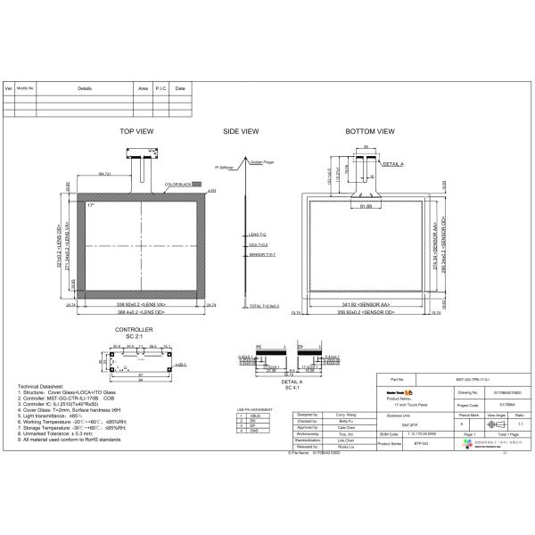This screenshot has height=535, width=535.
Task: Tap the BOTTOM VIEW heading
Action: [369, 131]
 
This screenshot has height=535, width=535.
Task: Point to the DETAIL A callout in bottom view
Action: [393, 165]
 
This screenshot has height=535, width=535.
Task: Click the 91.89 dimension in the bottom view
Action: [366, 207]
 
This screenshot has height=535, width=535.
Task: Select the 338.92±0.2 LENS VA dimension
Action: [143, 305]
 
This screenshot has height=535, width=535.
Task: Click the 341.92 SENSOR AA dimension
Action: [369, 305]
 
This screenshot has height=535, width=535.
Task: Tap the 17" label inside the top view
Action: [91, 205]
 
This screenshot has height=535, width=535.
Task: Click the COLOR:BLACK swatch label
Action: [178, 185]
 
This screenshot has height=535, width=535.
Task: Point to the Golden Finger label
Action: [263, 162]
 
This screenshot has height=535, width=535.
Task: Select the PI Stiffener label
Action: [235, 167]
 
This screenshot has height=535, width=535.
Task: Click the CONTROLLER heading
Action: [134, 330]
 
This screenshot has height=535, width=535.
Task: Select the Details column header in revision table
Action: [85, 89]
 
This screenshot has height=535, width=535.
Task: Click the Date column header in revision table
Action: [180, 89]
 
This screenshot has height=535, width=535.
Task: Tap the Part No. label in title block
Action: [398, 379]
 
